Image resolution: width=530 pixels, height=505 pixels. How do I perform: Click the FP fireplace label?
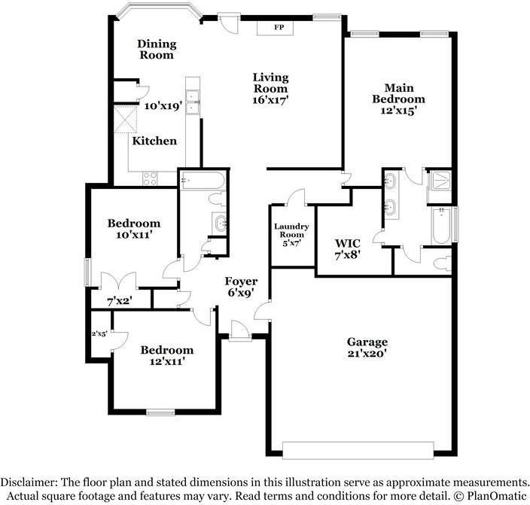tap(277, 28)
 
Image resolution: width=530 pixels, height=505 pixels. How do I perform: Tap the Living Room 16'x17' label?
tap(271, 87)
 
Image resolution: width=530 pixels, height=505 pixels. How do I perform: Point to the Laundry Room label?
tap(291, 234)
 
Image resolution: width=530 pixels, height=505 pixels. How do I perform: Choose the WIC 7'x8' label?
tap(348, 248)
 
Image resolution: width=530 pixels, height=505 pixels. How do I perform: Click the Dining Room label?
tap(156, 49)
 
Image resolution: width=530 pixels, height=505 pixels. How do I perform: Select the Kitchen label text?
tap(155, 141)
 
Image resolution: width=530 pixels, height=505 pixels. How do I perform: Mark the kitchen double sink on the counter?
tap(193, 102)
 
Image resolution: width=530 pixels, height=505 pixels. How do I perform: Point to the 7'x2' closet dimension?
tap(120, 300)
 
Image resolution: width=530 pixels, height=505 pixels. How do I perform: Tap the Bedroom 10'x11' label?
tap(134, 229)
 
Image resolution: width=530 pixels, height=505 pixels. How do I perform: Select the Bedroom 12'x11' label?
tap(167, 355)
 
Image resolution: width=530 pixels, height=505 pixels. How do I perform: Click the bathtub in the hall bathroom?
tap(202, 181)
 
